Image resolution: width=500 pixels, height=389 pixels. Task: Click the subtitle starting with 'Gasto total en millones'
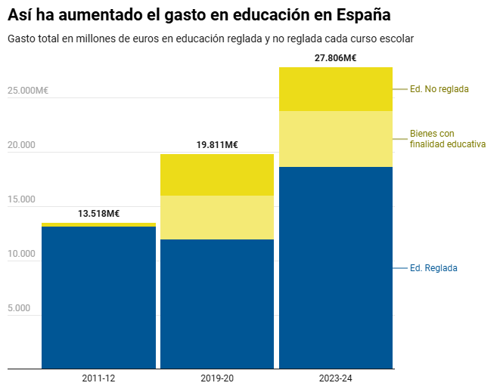(210, 38)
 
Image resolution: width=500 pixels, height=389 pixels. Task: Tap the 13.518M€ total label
(98, 214)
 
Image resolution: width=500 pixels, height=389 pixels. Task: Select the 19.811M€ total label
(217, 145)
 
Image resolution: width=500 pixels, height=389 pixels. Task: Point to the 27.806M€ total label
(336, 57)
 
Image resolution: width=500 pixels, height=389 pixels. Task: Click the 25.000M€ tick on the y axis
(28, 91)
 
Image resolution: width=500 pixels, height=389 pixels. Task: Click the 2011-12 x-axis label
(98, 378)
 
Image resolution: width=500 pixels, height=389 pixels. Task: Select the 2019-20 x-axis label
(217, 378)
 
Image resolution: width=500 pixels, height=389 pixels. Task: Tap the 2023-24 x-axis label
(336, 378)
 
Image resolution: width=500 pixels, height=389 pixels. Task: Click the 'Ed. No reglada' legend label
(439, 89)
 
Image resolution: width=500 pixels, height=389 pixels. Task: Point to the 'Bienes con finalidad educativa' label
(447, 139)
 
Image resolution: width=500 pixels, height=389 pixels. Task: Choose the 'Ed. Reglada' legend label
(433, 268)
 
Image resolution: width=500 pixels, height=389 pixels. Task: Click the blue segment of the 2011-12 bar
(98, 298)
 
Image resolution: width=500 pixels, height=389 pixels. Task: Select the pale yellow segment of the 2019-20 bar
(217, 218)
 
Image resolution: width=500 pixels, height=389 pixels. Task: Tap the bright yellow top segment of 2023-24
(336, 89)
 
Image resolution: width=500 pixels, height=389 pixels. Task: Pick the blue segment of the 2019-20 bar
(217, 304)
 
